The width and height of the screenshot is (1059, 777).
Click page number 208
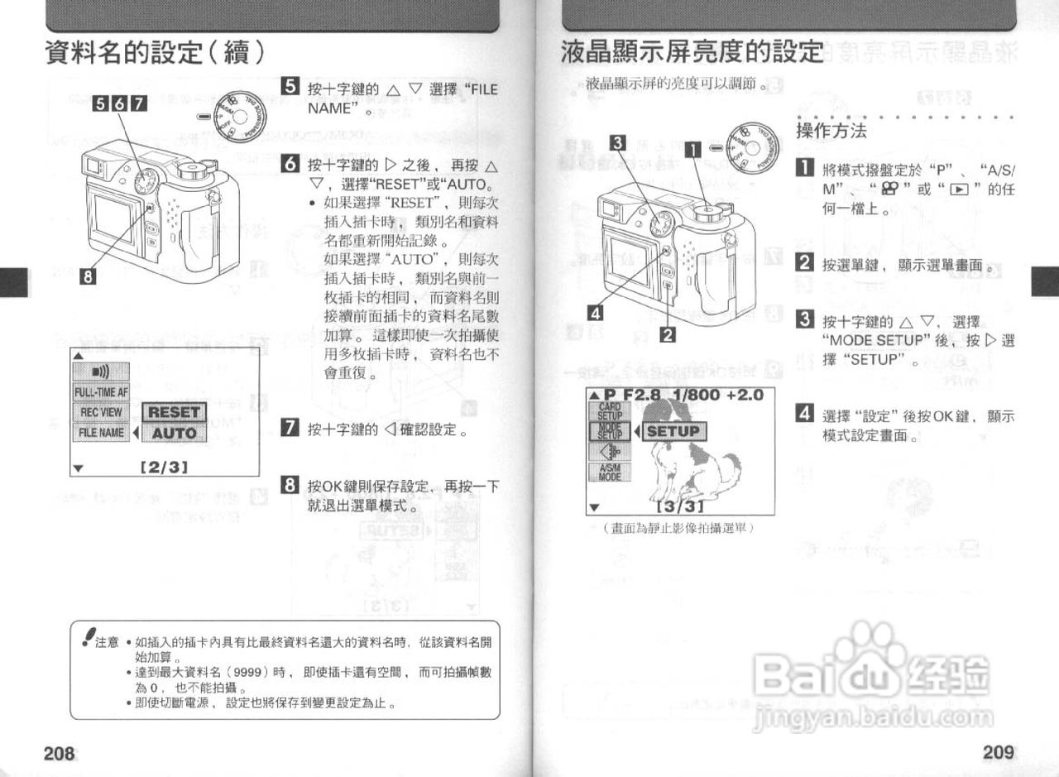60,753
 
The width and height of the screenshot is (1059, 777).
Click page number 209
999,752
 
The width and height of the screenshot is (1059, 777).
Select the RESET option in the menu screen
175,412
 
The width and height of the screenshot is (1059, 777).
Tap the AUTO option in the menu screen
175,433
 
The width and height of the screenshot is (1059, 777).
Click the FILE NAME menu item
101,432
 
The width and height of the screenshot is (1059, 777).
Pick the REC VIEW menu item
101,412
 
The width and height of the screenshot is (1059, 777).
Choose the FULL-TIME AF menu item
101,392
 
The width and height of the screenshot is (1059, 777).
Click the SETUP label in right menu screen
673,431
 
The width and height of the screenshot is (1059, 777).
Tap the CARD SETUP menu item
610,411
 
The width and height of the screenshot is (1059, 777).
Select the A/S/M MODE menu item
610,472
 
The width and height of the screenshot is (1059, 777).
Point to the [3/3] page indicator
679,506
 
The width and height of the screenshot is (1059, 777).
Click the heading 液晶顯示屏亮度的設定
692,52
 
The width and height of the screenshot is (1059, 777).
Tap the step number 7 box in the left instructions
290,428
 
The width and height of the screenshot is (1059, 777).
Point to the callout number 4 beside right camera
595,312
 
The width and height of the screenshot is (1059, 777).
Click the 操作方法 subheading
831,132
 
